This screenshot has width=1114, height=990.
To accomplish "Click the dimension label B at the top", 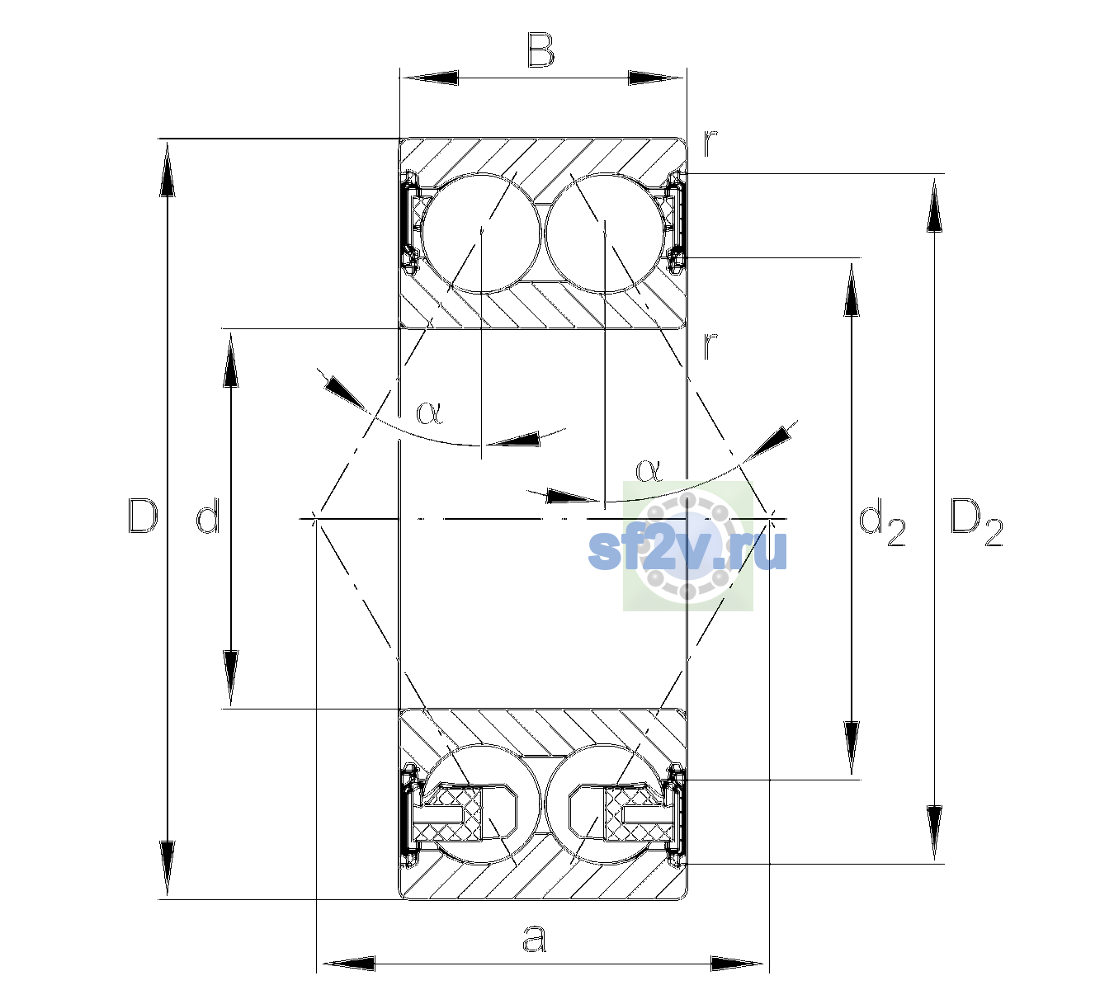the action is click(x=540, y=50).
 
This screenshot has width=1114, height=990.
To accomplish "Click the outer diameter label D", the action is click(x=143, y=516).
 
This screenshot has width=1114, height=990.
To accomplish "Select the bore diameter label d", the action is click(x=209, y=516).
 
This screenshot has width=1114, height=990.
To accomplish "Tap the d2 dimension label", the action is click(x=881, y=522).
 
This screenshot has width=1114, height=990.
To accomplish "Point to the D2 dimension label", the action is click(x=976, y=522).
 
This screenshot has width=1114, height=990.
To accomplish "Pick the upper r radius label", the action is click(x=710, y=143).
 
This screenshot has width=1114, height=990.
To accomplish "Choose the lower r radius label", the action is click(x=710, y=345).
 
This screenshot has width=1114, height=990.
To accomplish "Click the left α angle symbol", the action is click(x=429, y=412).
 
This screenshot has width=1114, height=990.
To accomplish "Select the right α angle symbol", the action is click(x=649, y=470).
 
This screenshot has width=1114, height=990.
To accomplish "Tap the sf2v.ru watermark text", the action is click(x=687, y=551).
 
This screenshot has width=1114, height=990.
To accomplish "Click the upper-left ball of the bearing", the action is click(x=482, y=233).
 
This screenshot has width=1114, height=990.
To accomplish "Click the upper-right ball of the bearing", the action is click(x=605, y=233).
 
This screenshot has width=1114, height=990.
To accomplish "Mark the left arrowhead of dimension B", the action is click(x=429, y=78).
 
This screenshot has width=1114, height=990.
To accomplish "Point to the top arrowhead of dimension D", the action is click(x=168, y=167).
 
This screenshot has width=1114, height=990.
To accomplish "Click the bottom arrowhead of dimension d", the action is click(x=230, y=680).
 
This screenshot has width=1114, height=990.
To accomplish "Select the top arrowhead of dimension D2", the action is click(x=934, y=204).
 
